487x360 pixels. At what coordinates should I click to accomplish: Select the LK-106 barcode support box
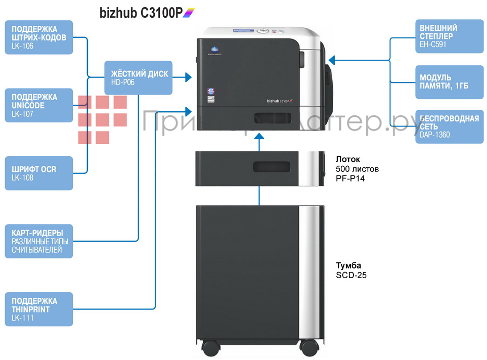[38, 37]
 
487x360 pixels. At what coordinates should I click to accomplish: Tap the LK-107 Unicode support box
[38, 105]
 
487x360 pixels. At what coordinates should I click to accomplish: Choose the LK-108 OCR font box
[38, 173]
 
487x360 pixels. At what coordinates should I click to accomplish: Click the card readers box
[38, 241]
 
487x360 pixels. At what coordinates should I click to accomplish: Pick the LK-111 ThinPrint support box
[38, 309]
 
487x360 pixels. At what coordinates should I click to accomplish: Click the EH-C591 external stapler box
[448, 36]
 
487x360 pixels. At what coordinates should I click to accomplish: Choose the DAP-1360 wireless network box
[448, 126]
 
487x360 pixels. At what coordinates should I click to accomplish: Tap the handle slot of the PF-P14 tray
[272, 166]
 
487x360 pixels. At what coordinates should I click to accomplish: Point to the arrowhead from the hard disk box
[188, 77]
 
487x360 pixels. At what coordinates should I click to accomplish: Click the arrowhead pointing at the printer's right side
[332, 61]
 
